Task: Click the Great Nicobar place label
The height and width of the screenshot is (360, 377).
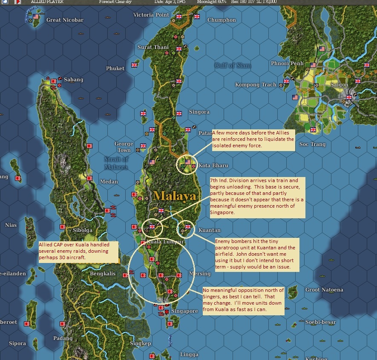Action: click(x=65, y=20)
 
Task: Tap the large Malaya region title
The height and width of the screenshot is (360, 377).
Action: click(x=175, y=196)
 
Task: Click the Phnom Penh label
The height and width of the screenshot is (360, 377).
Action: click(x=287, y=63)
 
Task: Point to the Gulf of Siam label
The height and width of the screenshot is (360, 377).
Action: click(x=233, y=65)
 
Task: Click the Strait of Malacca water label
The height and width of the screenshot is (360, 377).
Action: click(x=116, y=163)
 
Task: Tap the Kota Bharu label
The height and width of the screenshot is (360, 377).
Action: click(x=213, y=165)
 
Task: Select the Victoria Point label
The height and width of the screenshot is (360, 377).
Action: click(x=151, y=15)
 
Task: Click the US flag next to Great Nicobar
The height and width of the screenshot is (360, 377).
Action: click(x=36, y=17)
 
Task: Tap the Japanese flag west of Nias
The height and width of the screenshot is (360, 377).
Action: click(x=17, y=178)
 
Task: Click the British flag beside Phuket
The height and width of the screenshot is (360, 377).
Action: click(x=135, y=65)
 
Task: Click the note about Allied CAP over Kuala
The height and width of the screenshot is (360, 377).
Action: click(x=75, y=252)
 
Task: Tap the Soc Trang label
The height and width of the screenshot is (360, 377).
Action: click(x=312, y=144)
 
